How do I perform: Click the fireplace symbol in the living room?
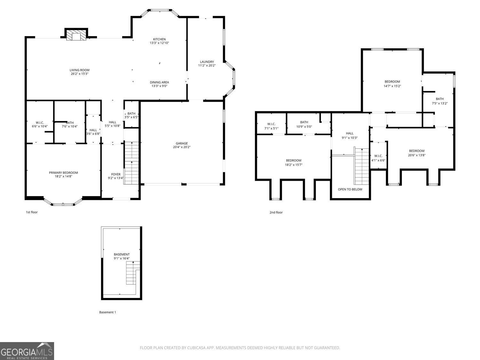[x=76, y=36]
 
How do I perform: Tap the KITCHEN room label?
[x=159, y=39]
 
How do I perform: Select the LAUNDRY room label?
[x=207, y=62]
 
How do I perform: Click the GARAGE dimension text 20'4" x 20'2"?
[x=181, y=147]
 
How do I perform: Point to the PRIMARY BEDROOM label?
[x=63, y=173]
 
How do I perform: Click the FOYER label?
[x=116, y=174]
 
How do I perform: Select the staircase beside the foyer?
[x=131, y=163]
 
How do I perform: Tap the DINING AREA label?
[x=159, y=82]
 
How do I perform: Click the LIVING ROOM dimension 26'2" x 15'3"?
[x=80, y=74]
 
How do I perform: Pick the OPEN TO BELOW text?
[x=350, y=189]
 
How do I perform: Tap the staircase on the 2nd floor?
[x=362, y=166]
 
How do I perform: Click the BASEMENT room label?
[x=122, y=254]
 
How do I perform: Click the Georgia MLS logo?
[x=27, y=351]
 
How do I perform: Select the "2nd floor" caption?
[x=276, y=212]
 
